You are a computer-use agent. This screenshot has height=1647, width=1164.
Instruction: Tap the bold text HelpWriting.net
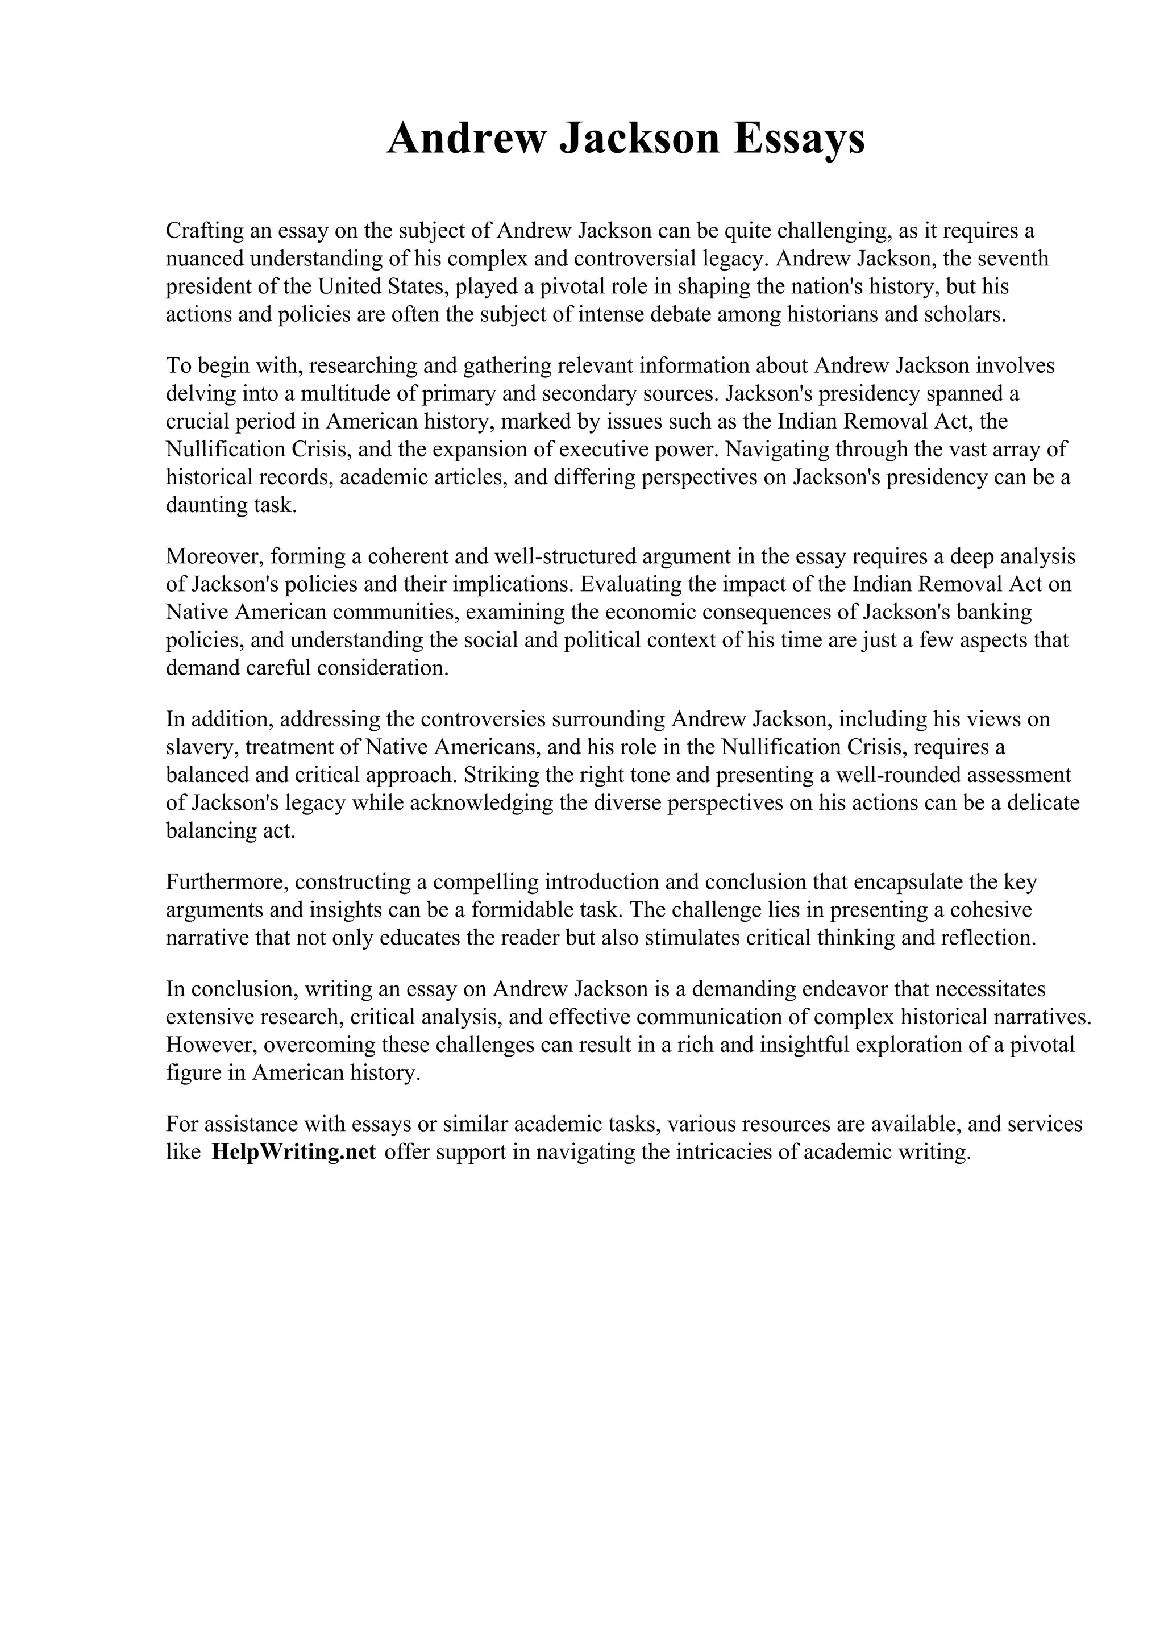(294, 1152)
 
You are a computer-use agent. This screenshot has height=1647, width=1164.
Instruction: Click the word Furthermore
(225, 881)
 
